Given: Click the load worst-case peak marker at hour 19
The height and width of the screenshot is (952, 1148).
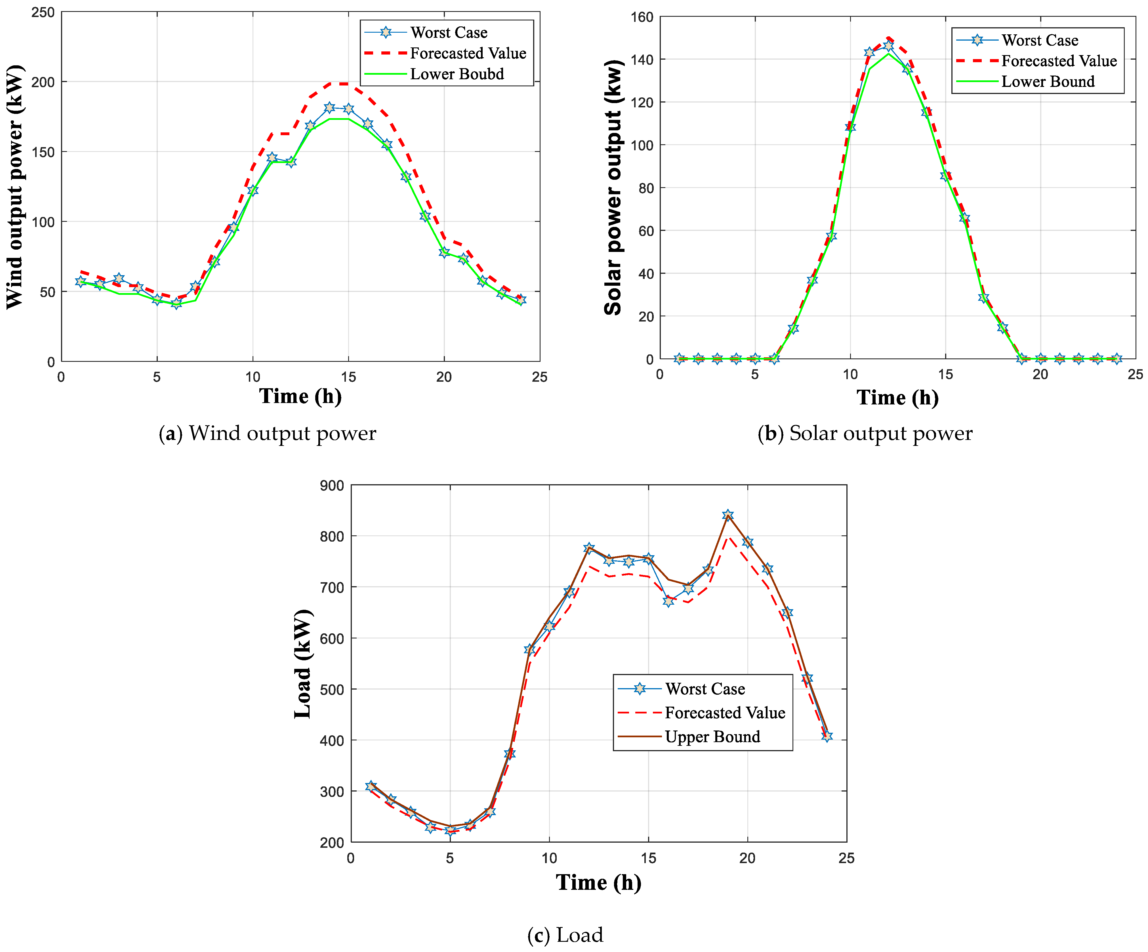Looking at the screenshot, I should (x=728, y=515).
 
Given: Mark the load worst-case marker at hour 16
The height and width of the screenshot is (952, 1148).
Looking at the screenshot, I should (x=668, y=601).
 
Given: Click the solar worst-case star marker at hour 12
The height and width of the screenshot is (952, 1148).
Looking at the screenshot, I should (x=888, y=46).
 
